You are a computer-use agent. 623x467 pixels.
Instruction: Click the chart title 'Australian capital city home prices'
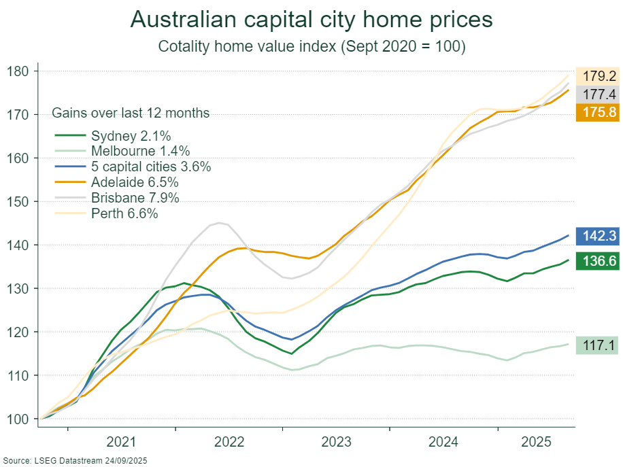click(311, 20)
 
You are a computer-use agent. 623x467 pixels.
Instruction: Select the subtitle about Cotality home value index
click(311, 46)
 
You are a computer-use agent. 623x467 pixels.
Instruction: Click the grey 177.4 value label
click(599, 94)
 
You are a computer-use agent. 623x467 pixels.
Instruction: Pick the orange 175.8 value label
click(599, 112)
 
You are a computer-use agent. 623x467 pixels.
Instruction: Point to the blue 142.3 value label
click(599, 237)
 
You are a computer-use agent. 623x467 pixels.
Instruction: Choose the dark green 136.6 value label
click(599, 261)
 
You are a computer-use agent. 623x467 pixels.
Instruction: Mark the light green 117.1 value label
click(599, 346)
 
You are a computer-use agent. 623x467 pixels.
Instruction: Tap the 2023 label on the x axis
click(337, 443)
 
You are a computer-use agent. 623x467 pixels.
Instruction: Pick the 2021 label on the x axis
click(122, 443)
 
